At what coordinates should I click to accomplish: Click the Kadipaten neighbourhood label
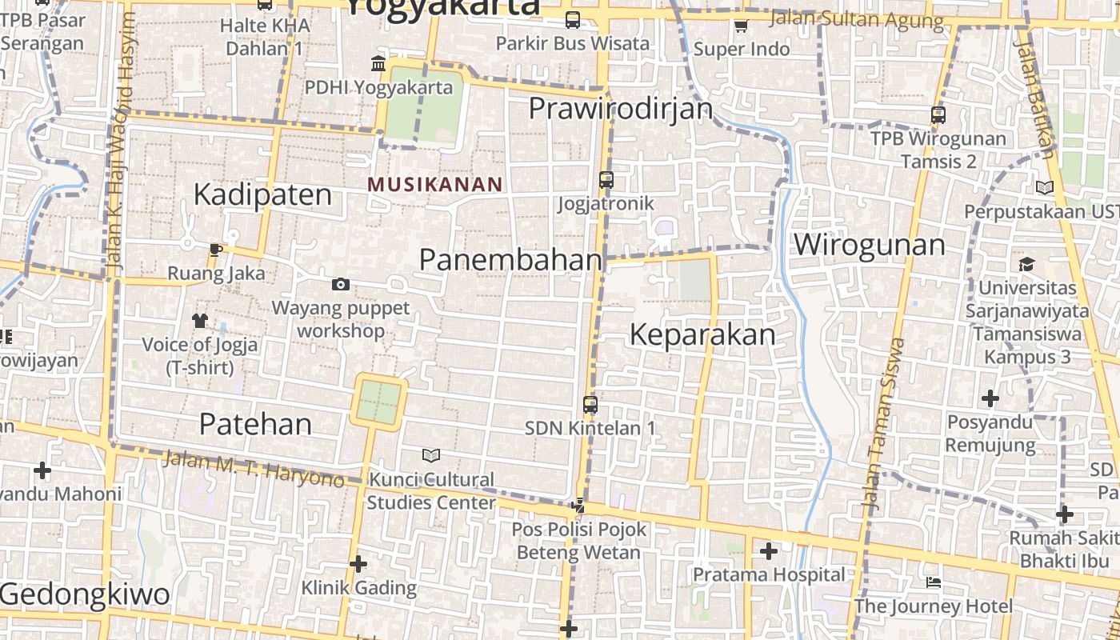pos(262,194)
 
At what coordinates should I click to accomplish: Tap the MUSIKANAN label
pos(435,184)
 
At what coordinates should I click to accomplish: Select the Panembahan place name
pos(510,259)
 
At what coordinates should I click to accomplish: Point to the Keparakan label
pos(702,334)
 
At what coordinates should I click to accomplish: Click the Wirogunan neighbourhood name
pos(869,244)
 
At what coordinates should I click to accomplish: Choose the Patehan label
pos(255,424)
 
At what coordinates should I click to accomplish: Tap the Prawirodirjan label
pos(621,108)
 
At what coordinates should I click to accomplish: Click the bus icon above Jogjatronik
pos(606,180)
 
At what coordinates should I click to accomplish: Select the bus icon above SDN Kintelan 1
pos(590,405)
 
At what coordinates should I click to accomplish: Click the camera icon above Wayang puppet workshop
pos(341,284)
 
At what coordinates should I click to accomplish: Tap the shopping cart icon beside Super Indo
pos(741,26)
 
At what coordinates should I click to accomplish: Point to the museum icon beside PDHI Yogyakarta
pos(378,63)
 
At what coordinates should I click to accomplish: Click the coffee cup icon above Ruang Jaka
pos(215,250)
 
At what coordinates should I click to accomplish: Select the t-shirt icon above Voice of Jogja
pos(200,321)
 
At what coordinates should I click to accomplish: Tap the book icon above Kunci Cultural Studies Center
pos(431,456)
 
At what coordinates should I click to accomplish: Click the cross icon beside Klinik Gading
pos(358,564)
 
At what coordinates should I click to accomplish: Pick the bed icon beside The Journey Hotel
pos(933,582)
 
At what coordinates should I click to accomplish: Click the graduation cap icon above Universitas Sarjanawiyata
pos(1026,264)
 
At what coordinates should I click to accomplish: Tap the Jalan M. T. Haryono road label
pos(254,470)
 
